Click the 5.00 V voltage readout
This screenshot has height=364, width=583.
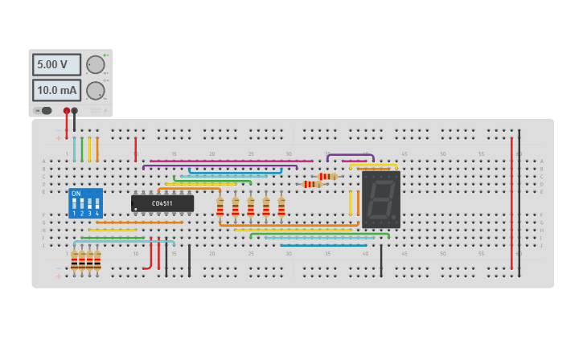[x=56, y=64]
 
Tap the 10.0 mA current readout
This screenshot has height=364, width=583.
[x=56, y=90]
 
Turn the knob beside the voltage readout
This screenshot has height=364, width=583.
[x=95, y=65]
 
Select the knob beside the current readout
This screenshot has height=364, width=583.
[x=95, y=90]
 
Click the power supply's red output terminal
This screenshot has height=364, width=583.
[x=67, y=111]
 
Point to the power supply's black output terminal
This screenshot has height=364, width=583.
[x=75, y=111]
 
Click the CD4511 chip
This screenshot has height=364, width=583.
[x=162, y=203]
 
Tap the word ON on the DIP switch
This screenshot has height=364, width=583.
[x=76, y=194]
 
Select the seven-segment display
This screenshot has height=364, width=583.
[x=380, y=199]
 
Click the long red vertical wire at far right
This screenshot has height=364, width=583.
[x=511, y=201]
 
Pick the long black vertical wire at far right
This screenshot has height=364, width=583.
[x=519, y=201]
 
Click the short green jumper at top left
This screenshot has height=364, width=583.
[x=81, y=149]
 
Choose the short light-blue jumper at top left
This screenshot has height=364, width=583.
[x=74, y=149]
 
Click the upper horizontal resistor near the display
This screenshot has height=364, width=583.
[x=328, y=176]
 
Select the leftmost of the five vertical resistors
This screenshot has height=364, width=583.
[x=220, y=207]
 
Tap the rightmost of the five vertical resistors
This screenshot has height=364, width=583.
[x=281, y=207]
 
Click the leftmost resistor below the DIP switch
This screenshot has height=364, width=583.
[x=74, y=261]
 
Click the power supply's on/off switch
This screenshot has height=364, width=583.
[x=45, y=111]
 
